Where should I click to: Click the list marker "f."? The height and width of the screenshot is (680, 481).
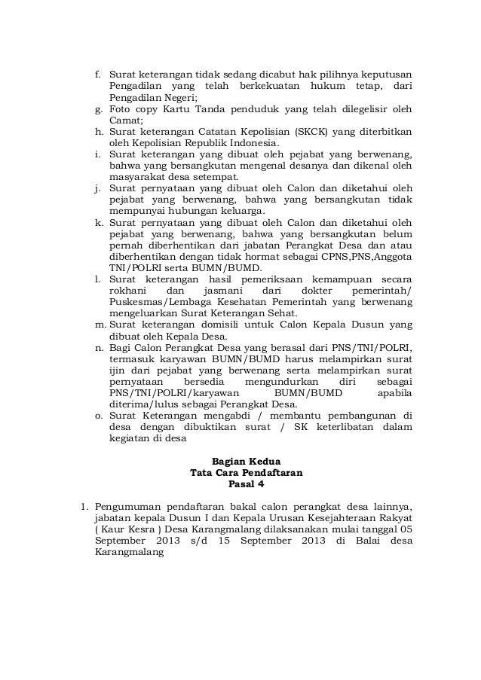click(97, 76)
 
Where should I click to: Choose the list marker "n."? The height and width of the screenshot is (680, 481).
click(99, 347)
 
